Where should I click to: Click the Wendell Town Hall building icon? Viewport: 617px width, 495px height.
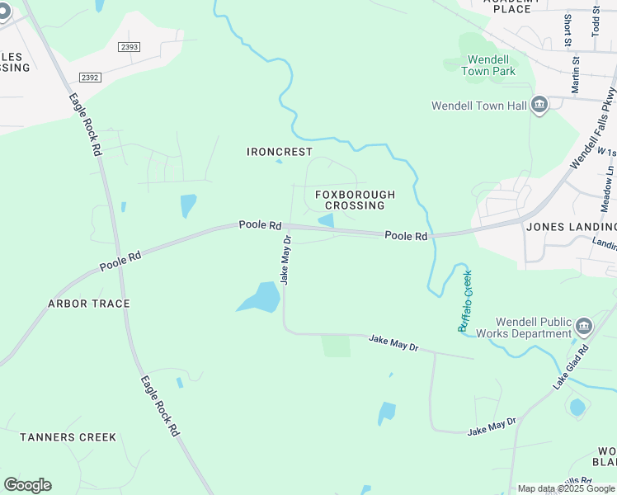(539, 106)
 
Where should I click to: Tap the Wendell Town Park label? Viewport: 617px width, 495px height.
(492, 65)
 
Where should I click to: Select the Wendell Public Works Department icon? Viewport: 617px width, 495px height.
(584, 327)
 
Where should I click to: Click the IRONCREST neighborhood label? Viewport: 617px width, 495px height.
(280, 152)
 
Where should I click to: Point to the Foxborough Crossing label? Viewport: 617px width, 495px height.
(355, 200)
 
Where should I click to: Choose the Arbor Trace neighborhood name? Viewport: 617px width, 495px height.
(89, 304)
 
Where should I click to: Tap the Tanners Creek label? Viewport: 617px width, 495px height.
(68, 437)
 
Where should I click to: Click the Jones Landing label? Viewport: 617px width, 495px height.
(571, 227)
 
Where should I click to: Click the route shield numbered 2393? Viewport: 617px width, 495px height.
(129, 47)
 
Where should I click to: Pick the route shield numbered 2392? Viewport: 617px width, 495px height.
(90, 77)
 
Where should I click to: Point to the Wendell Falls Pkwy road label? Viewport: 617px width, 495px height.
(593, 129)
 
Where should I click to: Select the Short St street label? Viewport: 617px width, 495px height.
(568, 29)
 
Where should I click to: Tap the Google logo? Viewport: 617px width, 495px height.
(27, 485)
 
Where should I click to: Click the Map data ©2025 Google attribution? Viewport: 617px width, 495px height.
(566, 488)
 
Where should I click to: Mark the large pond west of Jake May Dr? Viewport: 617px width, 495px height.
(261, 298)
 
